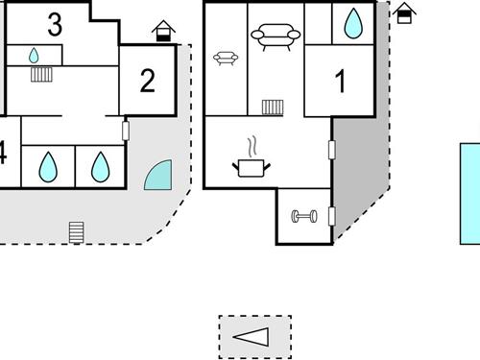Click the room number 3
[x=55, y=25]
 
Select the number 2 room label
[x=147, y=81]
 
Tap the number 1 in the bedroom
[x=340, y=83]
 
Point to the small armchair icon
[x=226, y=59]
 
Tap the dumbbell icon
[x=304, y=216]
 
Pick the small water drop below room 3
[x=35, y=56]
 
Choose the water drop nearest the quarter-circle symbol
[x=100, y=168]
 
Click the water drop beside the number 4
[x=47, y=168]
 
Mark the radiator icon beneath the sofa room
[x=273, y=106]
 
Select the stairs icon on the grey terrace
[x=77, y=231]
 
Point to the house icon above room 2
[x=164, y=32]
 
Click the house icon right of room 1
[x=406, y=12]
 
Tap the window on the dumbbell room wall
[x=332, y=215]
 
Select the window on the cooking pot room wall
[x=332, y=150]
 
